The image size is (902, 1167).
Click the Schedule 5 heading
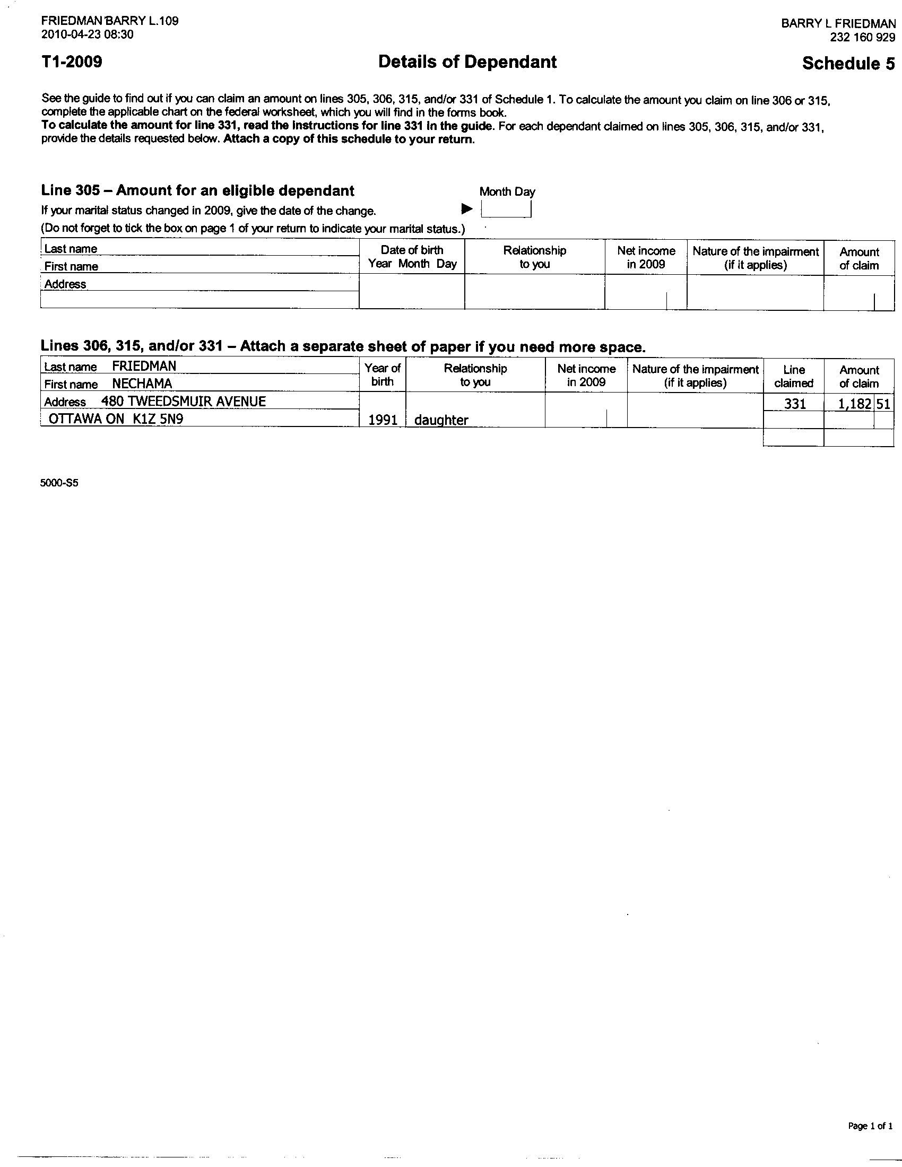coord(848,64)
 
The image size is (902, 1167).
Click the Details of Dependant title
coord(467,62)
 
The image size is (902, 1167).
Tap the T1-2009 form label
coord(72,62)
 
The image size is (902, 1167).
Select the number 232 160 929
coord(862,38)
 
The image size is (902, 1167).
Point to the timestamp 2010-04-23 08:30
coord(87,34)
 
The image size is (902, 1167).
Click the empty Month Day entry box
coord(506,209)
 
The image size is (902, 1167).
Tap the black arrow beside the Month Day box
coord(467,208)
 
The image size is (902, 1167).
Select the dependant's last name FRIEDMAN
coord(144,366)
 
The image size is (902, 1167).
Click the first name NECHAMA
coord(142,384)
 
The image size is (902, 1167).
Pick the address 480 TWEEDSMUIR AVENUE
coord(183,402)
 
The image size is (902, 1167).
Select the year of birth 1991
coord(383,420)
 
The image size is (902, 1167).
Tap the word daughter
coord(441,420)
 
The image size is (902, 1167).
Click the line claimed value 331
coord(795,404)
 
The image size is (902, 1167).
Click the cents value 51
coord(883,404)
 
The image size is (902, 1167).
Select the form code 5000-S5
coord(59,483)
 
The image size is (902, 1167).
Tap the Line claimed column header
coord(794,376)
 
